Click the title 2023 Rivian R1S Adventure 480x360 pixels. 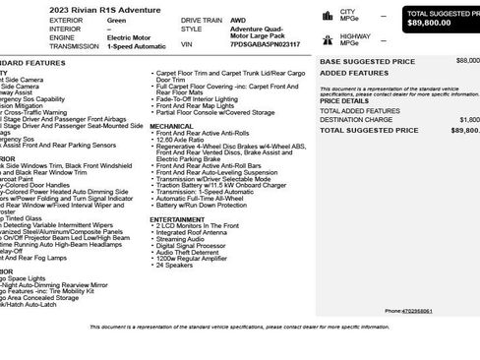(x=62, y=8)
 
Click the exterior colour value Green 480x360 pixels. (x=116, y=20)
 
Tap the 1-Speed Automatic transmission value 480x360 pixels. (x=138, y=46)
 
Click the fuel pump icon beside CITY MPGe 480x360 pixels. (x=327, y=16)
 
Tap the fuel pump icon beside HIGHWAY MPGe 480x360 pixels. (x=327, y=40)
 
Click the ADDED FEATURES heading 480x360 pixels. (x=347, y=72)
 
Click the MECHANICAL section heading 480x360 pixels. (x=171, y=126)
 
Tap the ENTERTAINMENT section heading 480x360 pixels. (x=176, y=219)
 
